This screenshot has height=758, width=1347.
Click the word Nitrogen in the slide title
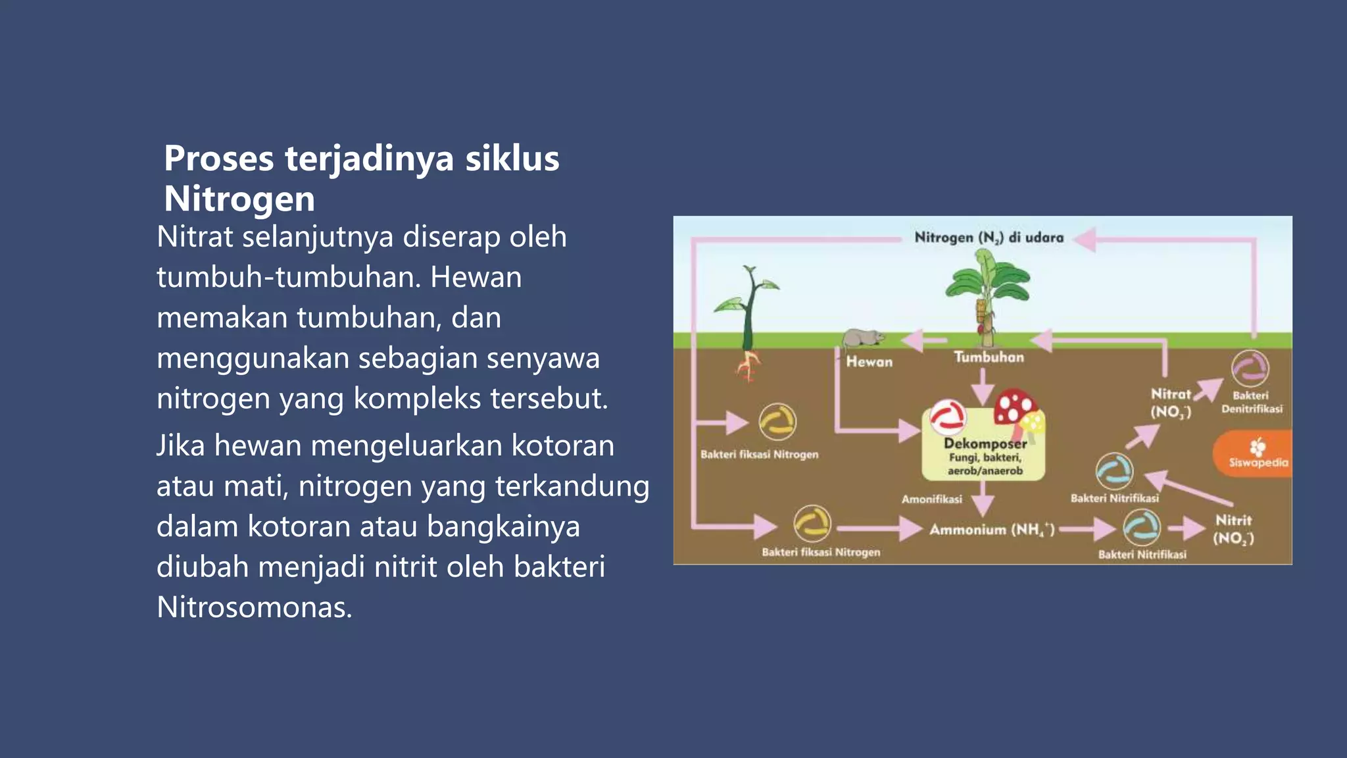click(239, 199)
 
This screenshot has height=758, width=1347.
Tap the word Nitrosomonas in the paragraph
click(254, 607)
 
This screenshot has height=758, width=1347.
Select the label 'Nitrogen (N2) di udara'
click(989, 238)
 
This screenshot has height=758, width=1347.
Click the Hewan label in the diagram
click(869, 361)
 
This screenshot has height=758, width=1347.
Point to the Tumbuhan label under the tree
click(989, 357)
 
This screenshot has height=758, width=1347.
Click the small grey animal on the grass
click(862, 338)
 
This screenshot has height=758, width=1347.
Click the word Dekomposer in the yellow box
click(985, 443)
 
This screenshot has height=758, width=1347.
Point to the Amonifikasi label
click(931, 499)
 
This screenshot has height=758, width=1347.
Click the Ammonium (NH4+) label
click(991, 530)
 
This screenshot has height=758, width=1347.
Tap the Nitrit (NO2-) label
click(1233, 529)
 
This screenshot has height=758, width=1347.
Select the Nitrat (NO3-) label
click(1171, 403)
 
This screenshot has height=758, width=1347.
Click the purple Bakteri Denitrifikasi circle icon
click(1250, 368)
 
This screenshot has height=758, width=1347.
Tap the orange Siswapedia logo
click(1256, 454)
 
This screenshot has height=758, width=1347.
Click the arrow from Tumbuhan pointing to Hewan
click(923, 340)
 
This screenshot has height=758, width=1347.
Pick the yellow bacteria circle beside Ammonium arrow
click(812, 524)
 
